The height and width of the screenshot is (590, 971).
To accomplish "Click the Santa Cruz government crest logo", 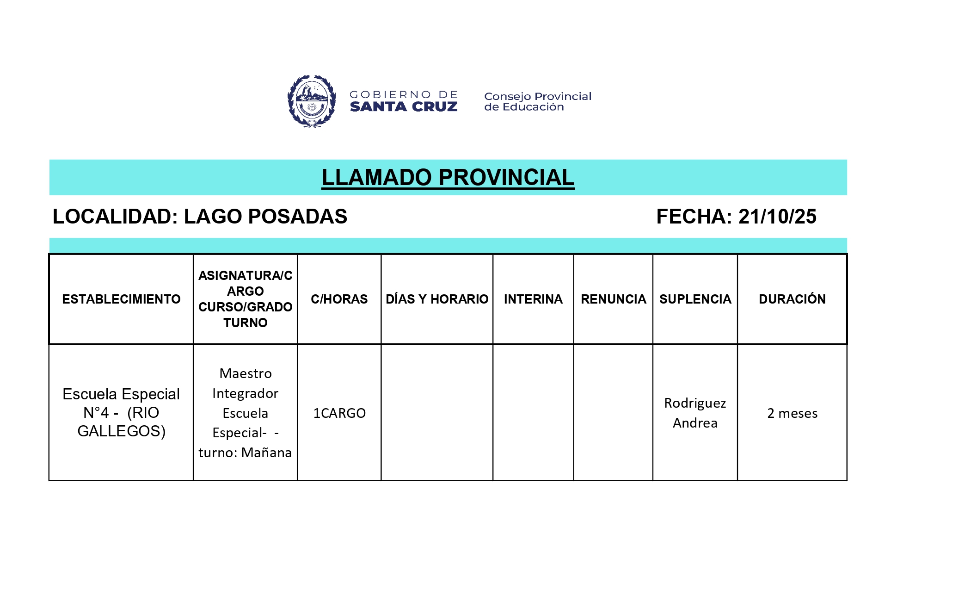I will [311, 101].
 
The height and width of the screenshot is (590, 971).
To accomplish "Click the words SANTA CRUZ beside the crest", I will [404, 107].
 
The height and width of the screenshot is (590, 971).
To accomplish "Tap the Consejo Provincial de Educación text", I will [537, 101].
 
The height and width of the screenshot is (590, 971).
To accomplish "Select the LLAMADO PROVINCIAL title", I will [448, 178].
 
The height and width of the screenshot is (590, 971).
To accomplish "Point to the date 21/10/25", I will [777, 217].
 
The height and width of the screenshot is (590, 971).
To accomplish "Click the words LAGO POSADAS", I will [265, 217].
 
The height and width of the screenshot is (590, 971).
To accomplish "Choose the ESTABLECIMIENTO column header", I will [121, 299].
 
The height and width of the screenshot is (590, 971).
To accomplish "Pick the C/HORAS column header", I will [339, 299].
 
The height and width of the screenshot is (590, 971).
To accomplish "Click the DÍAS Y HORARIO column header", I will [437, 299].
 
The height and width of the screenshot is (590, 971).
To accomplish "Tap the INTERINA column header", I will [533, 299].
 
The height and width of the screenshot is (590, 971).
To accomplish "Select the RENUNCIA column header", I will [613, 299].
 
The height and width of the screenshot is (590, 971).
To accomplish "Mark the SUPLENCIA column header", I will [695, 299].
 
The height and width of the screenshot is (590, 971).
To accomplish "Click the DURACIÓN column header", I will [792, 299].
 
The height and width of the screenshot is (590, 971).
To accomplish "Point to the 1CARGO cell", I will [339, 413].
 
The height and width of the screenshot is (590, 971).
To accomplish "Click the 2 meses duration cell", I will [792, 413].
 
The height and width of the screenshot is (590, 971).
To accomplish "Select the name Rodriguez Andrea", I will [695, 413].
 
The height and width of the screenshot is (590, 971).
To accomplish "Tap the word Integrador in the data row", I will [245, 393].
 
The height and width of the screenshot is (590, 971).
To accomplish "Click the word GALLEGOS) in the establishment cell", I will [121, 431].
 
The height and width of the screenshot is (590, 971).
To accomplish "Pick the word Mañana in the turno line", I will [266, 453].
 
